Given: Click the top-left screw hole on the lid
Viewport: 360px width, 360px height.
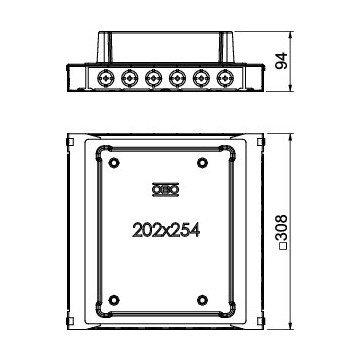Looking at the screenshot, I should (113, 162).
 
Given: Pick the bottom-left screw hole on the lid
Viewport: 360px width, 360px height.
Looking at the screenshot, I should (113, 299).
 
